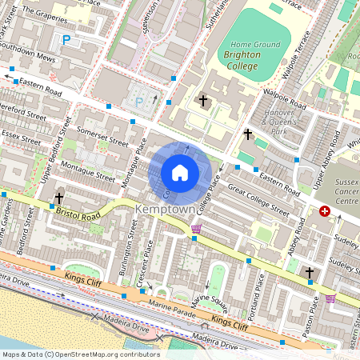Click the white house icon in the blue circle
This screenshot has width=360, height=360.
pos(180,173)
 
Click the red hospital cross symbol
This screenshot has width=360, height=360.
pos(325,211)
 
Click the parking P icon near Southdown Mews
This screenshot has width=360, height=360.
pos(66,39)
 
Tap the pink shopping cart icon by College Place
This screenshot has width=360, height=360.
pos(196,230)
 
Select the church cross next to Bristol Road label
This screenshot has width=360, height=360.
pos(59,197)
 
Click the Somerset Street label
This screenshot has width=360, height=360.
pos(102,135)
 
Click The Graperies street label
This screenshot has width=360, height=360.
pos(42,12)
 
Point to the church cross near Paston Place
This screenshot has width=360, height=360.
pos(310,274)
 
